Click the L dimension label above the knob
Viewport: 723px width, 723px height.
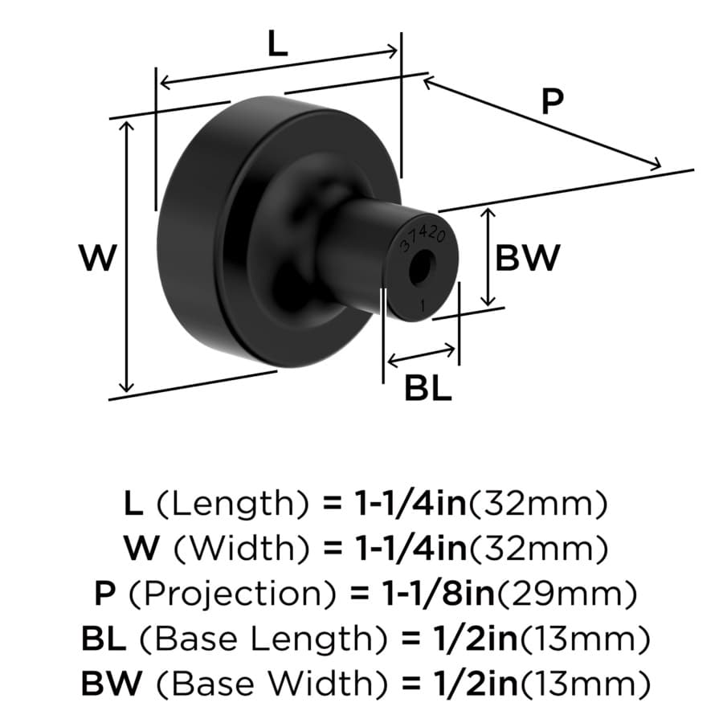pyautogui.click(x=278, y=45)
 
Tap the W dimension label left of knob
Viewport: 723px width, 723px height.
pyautogui.click(x=98, y=257)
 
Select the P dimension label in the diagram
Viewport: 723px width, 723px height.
pyautogui.click(x=553, y=101)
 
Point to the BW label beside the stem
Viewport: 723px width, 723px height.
pyautogui.click(x=528, y=257)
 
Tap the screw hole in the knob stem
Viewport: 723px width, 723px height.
pyautogui.click(x=422, y=268)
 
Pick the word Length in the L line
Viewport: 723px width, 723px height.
pyautogui.click(x=232, y=504)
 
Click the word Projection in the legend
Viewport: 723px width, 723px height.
pyautogui.click(x=232, y=594)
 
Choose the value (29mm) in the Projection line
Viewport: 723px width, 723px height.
pyautogui.click(x=566, y=594)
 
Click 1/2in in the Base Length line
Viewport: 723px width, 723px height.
pyautogui.click(x=475, y=639)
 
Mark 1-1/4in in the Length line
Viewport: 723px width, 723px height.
pyautogui.click(x=411, y=503)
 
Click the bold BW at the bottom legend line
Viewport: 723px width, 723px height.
pyautogui.click(x=112, y=684)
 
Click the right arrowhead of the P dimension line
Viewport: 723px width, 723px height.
pyautogui.click(x=656, y=164)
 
